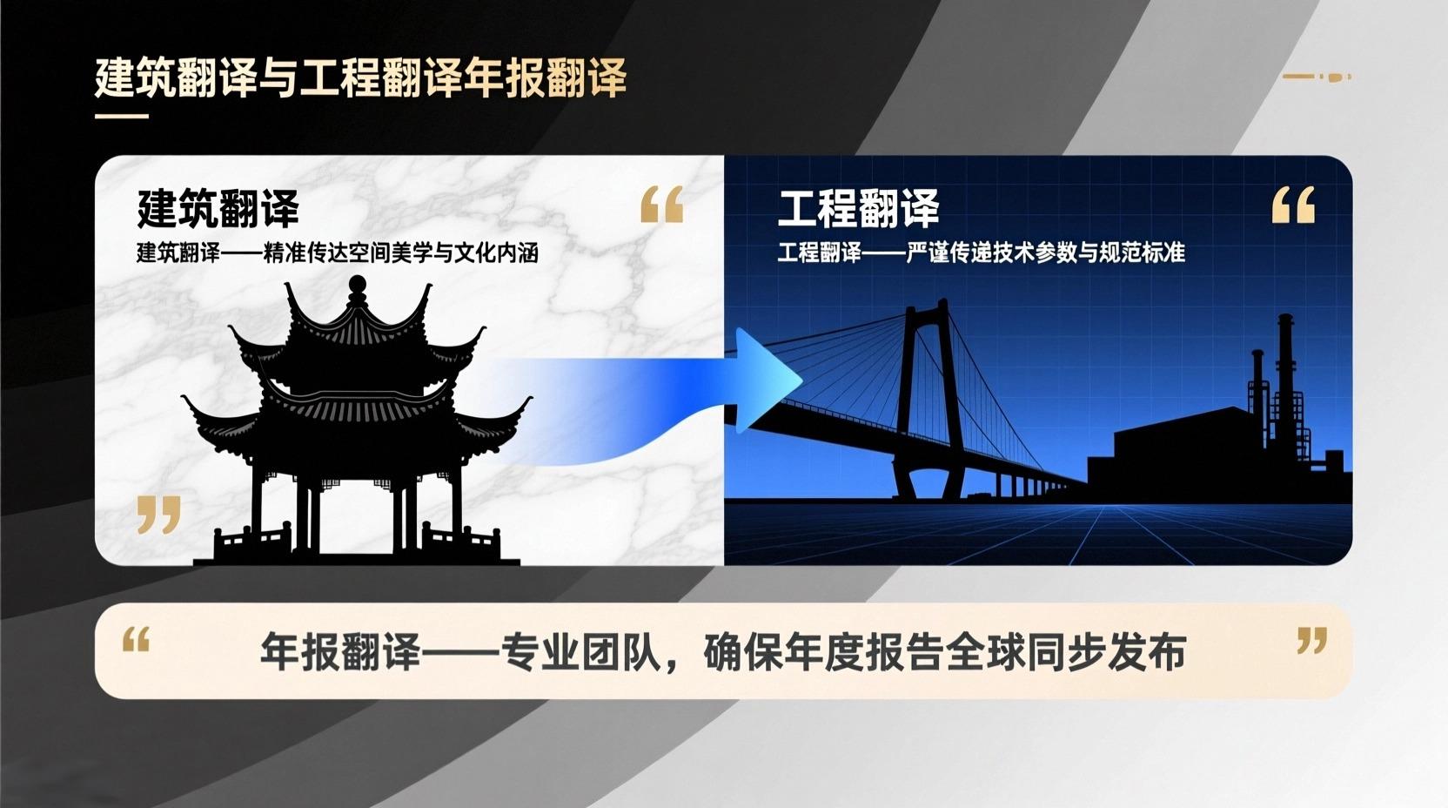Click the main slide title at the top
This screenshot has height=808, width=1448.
coord(361,78)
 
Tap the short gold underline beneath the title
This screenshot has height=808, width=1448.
coord(122,117)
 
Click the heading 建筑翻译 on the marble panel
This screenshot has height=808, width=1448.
coord(218,208)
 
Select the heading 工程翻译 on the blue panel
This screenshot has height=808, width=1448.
coord(858,208)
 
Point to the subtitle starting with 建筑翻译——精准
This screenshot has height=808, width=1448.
coord(338,253)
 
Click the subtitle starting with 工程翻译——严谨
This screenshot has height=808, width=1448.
coord(982,252)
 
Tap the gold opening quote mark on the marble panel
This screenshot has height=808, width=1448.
coord(661,205)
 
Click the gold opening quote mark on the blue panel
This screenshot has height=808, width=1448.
coord(1293,205)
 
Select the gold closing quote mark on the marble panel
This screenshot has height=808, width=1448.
coord(158,515)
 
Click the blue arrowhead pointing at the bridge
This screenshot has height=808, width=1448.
coord(766,380)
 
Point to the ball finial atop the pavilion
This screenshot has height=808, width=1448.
coord(357,284)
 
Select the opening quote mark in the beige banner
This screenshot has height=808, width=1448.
coord(137,639)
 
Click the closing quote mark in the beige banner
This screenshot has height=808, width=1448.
coord(1311,640)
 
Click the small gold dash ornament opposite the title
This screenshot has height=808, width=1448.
coord(1317,77)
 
